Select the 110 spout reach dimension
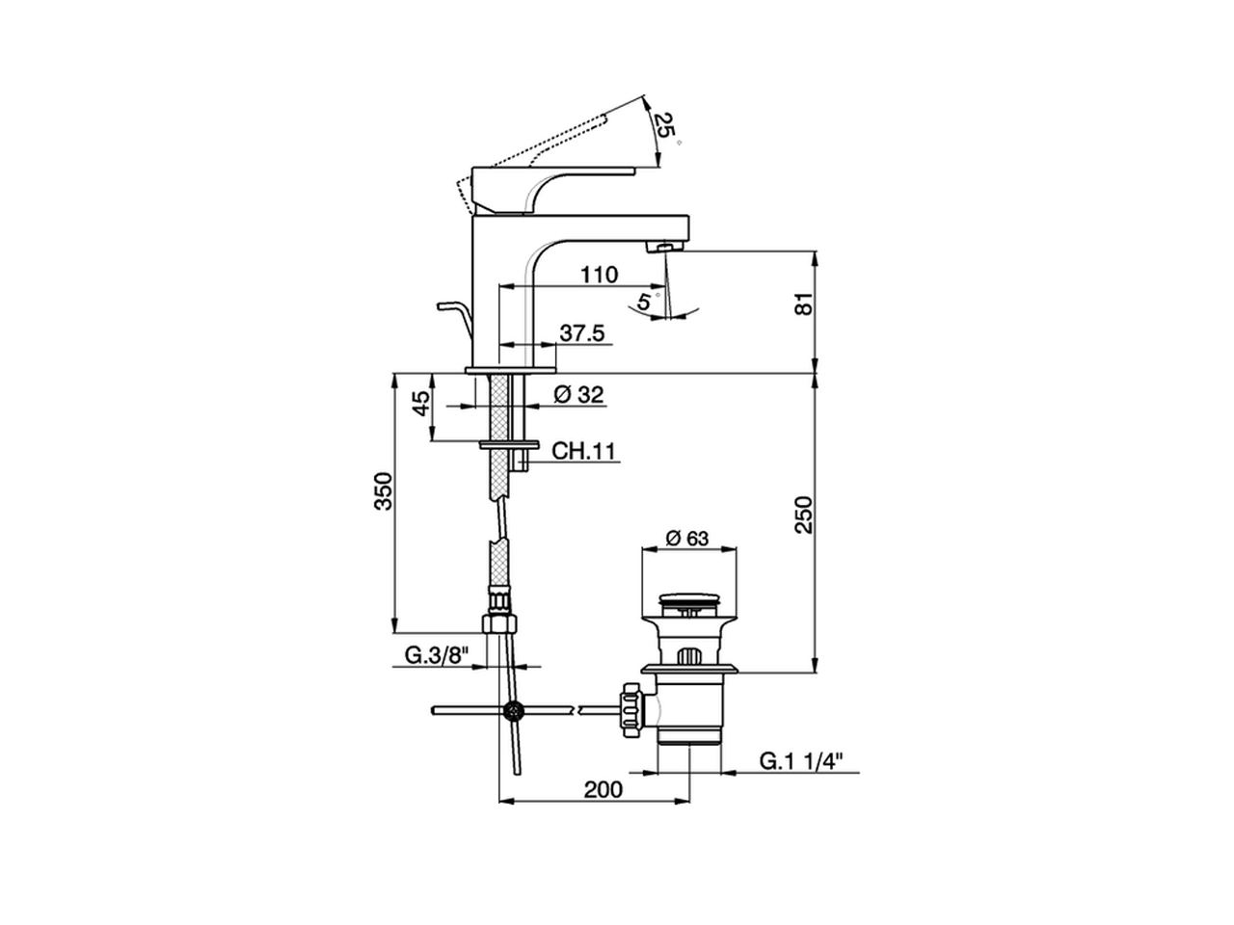(x=599, y=275)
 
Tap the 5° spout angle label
(x=644, y=300)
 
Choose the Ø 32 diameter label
(x=578, y=394)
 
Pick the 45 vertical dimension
(x=421, y=404)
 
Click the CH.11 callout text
(x=583, y=451)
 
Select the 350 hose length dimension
(x=384, y=491)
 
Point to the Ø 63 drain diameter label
(x=687, y=538)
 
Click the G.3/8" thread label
(x=437, y=655)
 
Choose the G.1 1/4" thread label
(x=801, y=761)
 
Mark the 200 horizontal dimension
(x=604, y=789)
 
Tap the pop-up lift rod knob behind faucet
(x=443, y=307)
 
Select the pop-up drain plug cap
(x=688, y=603)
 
